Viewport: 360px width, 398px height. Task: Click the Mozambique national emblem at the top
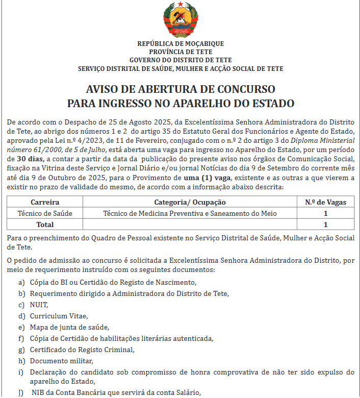click(180, 20)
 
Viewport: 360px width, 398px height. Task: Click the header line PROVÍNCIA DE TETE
click(181, 52)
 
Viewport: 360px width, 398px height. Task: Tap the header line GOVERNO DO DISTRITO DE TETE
click(181, 60)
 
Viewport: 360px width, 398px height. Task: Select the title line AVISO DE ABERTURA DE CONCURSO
click(181, 88)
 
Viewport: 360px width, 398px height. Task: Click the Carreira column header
click(45, 202)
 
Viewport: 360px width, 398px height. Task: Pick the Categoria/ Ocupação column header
click(190, 202)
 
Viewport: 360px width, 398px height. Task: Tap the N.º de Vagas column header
click(325, 202)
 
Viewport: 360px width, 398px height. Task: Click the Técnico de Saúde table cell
click(45, 213)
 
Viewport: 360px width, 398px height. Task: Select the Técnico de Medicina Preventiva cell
click(190, 213)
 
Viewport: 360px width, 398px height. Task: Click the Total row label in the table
click(45, 224)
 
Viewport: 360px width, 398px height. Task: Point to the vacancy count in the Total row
click(325, 224)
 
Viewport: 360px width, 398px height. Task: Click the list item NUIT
click(38, 305)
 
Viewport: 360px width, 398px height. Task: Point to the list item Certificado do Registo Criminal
click(82, 350)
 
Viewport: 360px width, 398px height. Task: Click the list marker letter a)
click(21, 282)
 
